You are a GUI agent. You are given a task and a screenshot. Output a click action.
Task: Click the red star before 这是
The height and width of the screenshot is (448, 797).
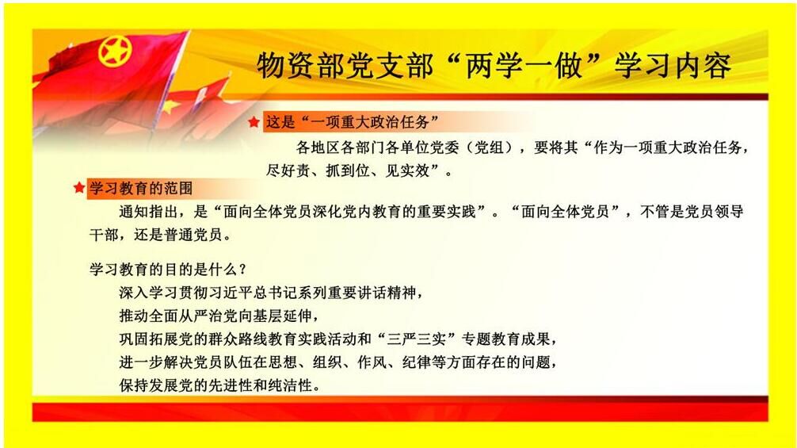click(x=254, y=122)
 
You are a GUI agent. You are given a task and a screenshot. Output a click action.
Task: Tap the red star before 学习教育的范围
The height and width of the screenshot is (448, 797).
click(x=78, y=188)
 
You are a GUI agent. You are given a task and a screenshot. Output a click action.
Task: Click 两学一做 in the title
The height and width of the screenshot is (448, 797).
click(x=524, y=66)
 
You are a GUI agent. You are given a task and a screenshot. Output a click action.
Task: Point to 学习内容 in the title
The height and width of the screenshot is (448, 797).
click(x=673, y=66)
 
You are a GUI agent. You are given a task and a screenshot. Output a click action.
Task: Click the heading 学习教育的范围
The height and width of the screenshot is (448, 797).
click(x=141, y=188)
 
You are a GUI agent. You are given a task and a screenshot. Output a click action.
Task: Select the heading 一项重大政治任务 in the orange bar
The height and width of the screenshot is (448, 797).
click(x=369, y=122)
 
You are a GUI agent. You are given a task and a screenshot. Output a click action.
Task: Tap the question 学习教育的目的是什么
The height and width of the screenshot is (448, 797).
click(x=168, y=269)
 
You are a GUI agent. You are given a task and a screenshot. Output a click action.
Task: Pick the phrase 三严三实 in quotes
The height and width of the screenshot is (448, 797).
click(x=418, y=339)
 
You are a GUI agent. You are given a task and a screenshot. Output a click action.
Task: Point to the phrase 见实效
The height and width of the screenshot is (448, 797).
click(x=408, y=170)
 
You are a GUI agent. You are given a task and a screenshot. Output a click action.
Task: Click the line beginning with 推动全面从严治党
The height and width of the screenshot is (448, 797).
click(x=219, y=316)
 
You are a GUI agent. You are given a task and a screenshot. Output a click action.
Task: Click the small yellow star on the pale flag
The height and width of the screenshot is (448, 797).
click(x=172, y=105)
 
